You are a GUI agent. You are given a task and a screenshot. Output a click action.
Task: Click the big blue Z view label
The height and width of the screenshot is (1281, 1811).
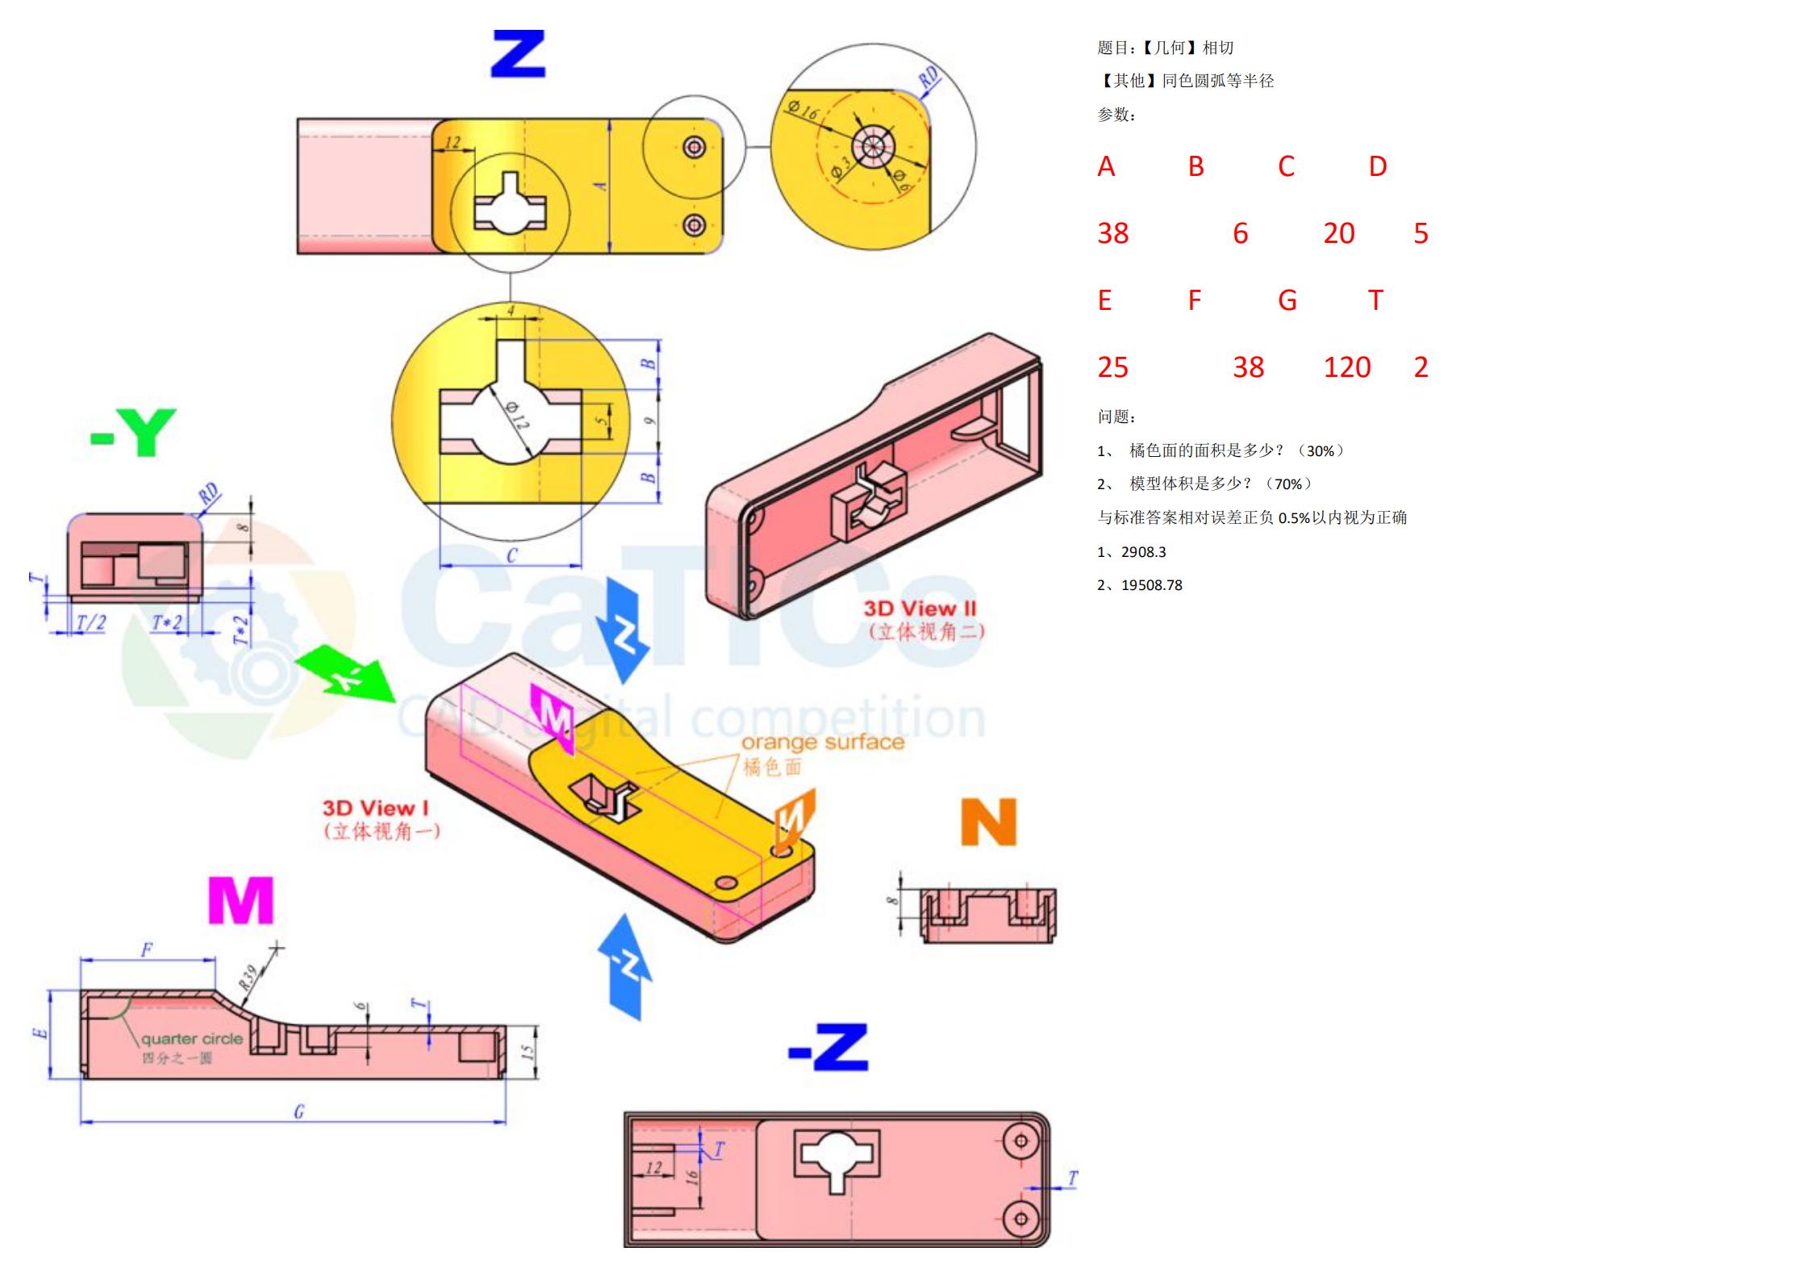(518, 54)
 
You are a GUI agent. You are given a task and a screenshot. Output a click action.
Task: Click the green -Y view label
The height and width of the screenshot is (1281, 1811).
(133, 433)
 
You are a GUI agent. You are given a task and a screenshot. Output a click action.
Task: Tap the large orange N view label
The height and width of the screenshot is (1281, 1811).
(988, 823)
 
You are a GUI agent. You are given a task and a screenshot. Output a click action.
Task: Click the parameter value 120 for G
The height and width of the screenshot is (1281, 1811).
(1346, 367)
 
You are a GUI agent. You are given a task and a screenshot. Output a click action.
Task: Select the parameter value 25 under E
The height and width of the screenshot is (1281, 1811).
(1112, 367)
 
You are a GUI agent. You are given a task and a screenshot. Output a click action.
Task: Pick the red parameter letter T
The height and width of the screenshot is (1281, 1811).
(1375, 300)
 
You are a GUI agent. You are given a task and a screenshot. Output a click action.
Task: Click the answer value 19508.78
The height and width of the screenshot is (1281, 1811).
(1151, 585)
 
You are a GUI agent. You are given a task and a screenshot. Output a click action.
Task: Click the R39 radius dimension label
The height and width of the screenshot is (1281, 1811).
(248, 977)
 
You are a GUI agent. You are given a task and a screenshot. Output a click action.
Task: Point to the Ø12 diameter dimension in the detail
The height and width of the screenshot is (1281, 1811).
(517, 415)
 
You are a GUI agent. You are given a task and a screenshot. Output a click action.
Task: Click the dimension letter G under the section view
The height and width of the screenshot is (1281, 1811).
(298, 1111)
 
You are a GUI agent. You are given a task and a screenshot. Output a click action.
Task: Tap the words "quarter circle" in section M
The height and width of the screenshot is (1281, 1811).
(192, 1039)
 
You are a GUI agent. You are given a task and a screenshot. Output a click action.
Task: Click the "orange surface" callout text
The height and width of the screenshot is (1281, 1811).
(822, 742)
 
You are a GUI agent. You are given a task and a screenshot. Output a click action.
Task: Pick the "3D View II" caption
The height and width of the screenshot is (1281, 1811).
(920, 609)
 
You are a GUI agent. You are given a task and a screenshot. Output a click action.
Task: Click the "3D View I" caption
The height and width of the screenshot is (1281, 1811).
(375, 808)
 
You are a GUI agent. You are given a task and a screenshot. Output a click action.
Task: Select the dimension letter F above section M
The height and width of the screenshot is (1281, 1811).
(147, 949)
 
